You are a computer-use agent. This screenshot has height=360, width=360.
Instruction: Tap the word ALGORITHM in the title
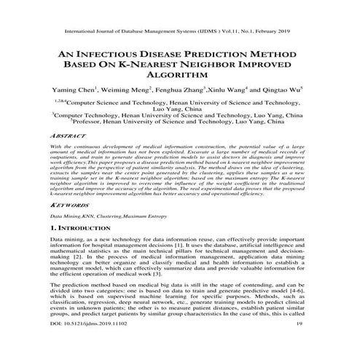coord(180,74)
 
